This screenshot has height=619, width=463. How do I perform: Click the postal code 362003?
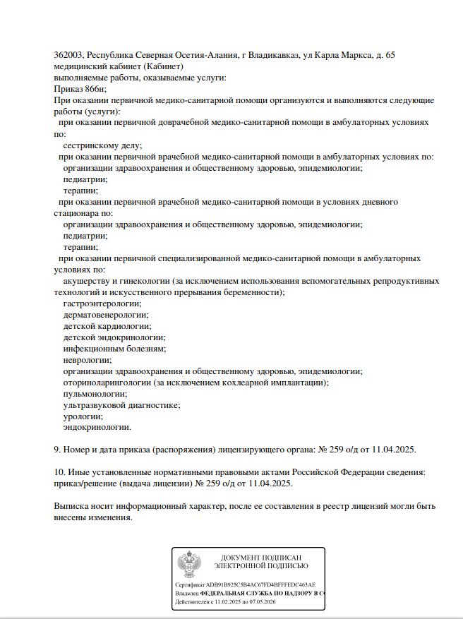click(x=68, y=55)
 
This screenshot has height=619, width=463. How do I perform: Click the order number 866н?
click(x=94, y=89)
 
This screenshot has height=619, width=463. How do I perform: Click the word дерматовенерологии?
click(x=105, y=315)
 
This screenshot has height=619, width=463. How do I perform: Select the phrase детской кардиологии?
click(x=107, y=326)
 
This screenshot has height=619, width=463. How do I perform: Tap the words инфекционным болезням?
click(x=114, y=349)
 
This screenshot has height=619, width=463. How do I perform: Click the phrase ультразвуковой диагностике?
click(x=121, y=405)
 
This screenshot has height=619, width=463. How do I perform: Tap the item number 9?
click(x=57, y=450)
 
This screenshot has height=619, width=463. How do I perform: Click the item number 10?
click(x=59, y=472)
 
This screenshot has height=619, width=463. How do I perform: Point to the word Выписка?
click(x=72, y=506)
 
